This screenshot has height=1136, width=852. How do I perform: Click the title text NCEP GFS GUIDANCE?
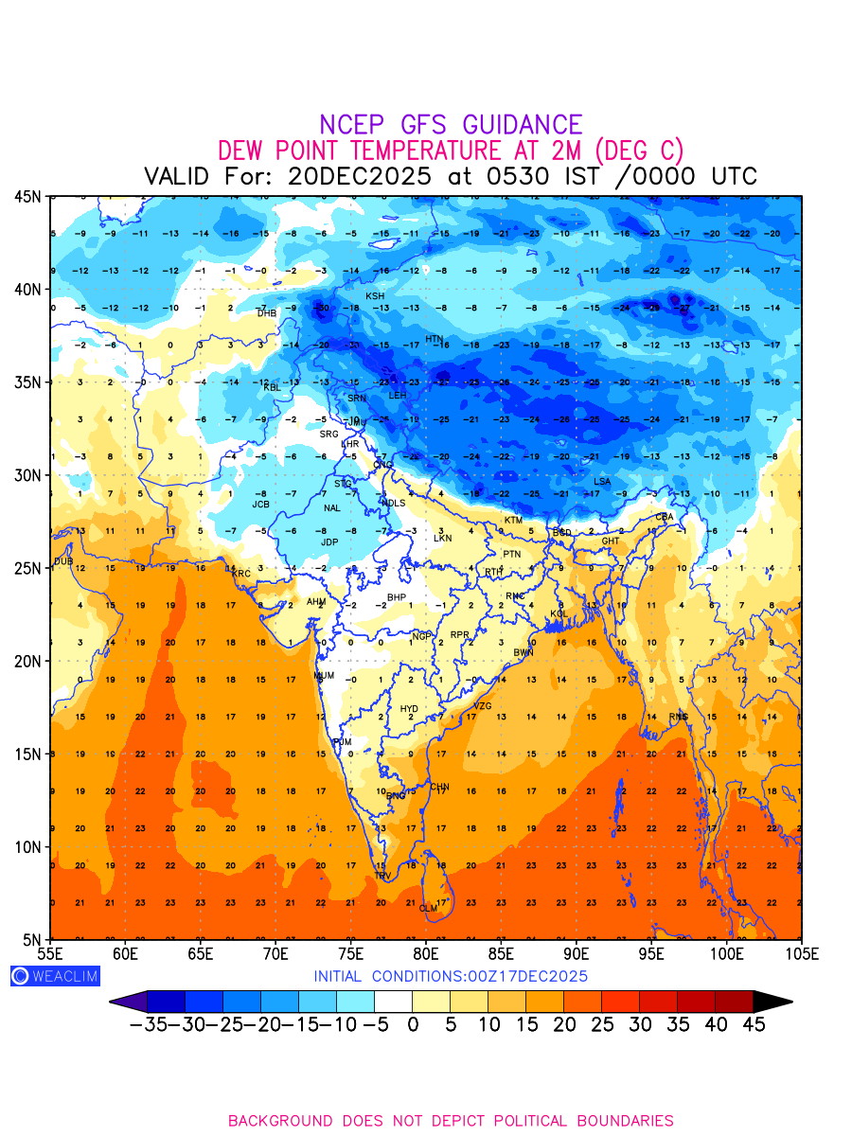click(x=451, y=125)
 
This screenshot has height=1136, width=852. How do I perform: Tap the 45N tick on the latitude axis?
click(x=27, y=197)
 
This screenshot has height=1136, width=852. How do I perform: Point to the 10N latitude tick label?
click(x=27, y=846)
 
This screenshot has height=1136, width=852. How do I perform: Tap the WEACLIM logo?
click(x=55, y=976)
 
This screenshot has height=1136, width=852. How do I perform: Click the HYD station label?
click(x=409, y=709)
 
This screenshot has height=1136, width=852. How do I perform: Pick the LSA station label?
click(x=602, y=482)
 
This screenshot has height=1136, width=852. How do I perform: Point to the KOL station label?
click(x=559, y=614)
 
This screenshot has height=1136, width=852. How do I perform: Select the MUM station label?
click(x=324, y=676)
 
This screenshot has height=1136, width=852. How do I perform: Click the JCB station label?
click(x=261, y=505)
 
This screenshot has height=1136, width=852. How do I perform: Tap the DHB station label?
click(x=267, y=313)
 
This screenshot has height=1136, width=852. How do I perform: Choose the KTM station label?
click(x=513, y=521)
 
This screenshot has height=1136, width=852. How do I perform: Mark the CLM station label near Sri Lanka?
click(x=428, y=909)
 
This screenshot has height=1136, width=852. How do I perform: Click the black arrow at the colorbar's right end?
click(x=772, y=1001)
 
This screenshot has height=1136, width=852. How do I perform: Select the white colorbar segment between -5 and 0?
click(x=393, y=1001)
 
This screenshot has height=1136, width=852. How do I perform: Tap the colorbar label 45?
click(x=753, y=1025)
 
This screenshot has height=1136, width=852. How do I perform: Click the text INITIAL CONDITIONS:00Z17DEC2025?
click(x=451, y=976)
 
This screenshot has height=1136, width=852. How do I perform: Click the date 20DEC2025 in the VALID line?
click(x=360, y=177)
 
